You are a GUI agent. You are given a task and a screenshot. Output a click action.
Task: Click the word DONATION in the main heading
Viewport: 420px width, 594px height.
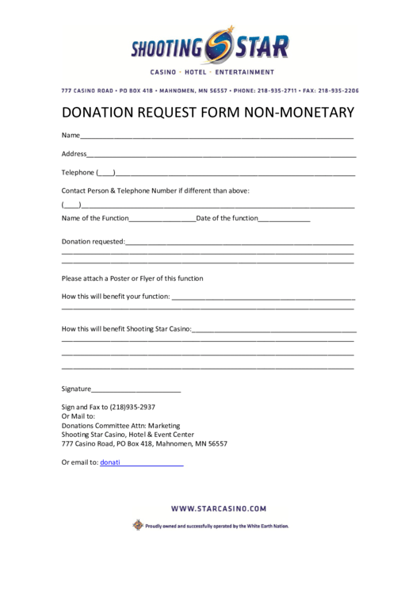coord(104,113)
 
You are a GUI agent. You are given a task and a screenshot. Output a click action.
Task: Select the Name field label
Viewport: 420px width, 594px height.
coord(71,135)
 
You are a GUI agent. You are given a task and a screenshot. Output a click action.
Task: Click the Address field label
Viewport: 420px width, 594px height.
coord(74,153)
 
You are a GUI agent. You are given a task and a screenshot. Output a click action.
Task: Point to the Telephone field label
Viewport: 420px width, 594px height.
coord(78,172)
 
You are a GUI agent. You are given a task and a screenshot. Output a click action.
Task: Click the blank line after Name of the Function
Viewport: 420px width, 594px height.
coord(162,219)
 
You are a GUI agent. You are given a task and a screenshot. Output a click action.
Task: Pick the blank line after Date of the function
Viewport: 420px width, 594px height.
coord(284,219)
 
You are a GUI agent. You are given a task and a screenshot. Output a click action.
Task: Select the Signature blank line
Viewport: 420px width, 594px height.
coord(136,389)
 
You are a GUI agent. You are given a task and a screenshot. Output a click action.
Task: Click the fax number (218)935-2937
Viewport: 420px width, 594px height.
coord(132,407)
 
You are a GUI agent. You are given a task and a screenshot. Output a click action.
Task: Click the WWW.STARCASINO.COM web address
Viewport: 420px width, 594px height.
coord(218,508)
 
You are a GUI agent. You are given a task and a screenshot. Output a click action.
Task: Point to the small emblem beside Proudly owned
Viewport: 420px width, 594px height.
coord(138,525)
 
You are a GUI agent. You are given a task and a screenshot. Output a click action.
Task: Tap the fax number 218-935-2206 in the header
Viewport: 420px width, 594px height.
coord(342,90)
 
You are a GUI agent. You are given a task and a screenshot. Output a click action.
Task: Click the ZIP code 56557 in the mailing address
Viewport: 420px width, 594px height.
coord(216,443)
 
